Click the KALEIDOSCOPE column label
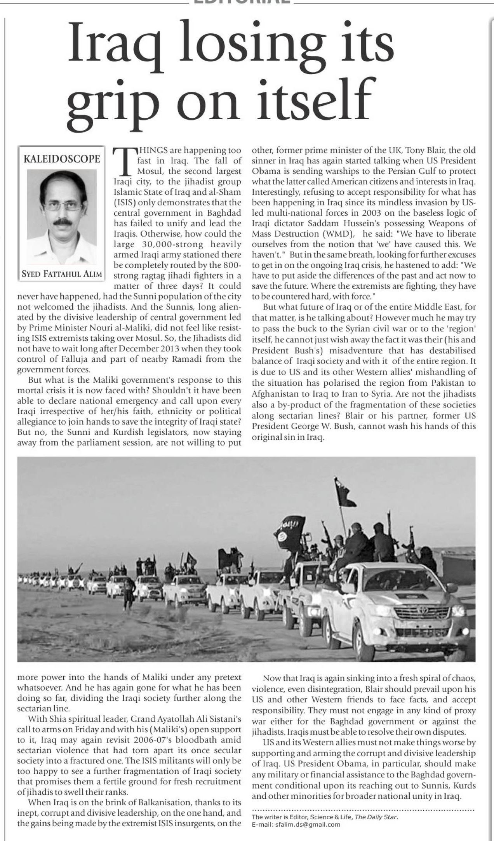(x=62, y=159)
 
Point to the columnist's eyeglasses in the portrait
(x=63, y=205)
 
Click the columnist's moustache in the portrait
(x=63, y=223)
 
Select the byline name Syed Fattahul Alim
(x=62, y=274)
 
